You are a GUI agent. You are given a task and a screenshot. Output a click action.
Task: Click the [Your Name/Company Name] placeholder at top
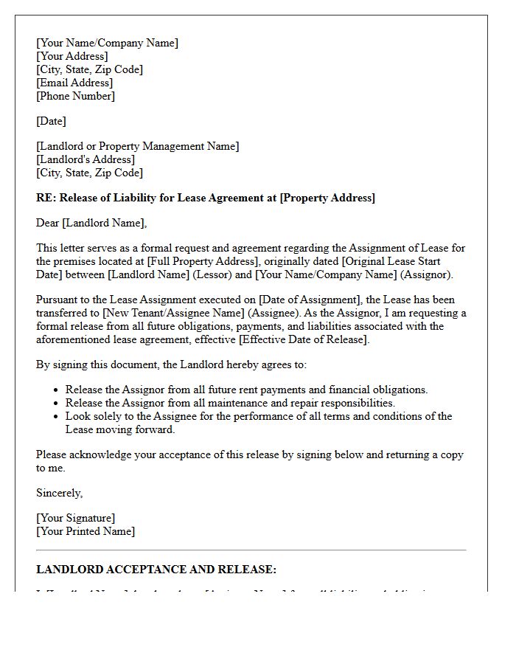tap(107, 43)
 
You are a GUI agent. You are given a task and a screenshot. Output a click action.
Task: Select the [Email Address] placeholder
tap(74, 83)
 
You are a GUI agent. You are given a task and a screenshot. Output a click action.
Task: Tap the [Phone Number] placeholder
tap(75, 96)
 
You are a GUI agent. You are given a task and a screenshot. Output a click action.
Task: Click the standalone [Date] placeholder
tap(51, 121)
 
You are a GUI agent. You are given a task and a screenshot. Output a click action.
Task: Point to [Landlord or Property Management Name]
tap(137, 146)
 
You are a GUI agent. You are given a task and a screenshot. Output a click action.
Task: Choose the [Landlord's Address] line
tap(86, 159)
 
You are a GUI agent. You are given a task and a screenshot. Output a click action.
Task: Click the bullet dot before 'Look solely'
tap(57, 417)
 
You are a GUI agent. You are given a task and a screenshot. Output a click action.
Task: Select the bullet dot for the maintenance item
tap(57, 404)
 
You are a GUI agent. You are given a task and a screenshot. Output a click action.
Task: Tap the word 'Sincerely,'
tap(60, 493)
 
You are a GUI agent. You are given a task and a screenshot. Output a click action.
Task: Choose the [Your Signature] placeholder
tap(75, 518)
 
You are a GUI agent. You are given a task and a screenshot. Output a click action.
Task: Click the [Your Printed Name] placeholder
tap(86, 531)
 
